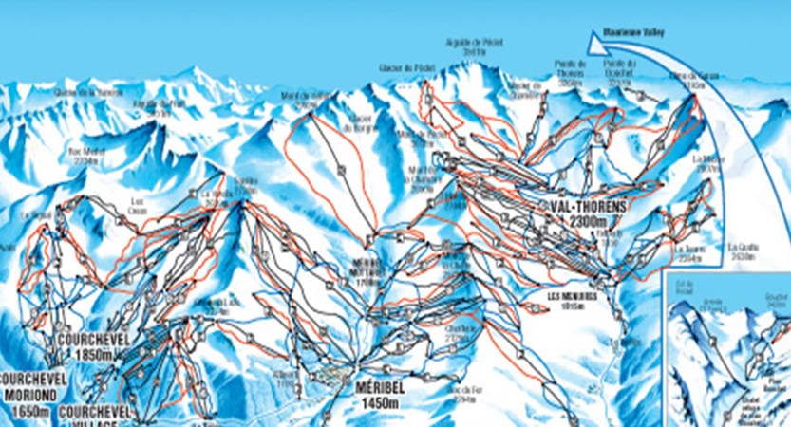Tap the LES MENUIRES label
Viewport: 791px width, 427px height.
(x=573, y=295)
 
